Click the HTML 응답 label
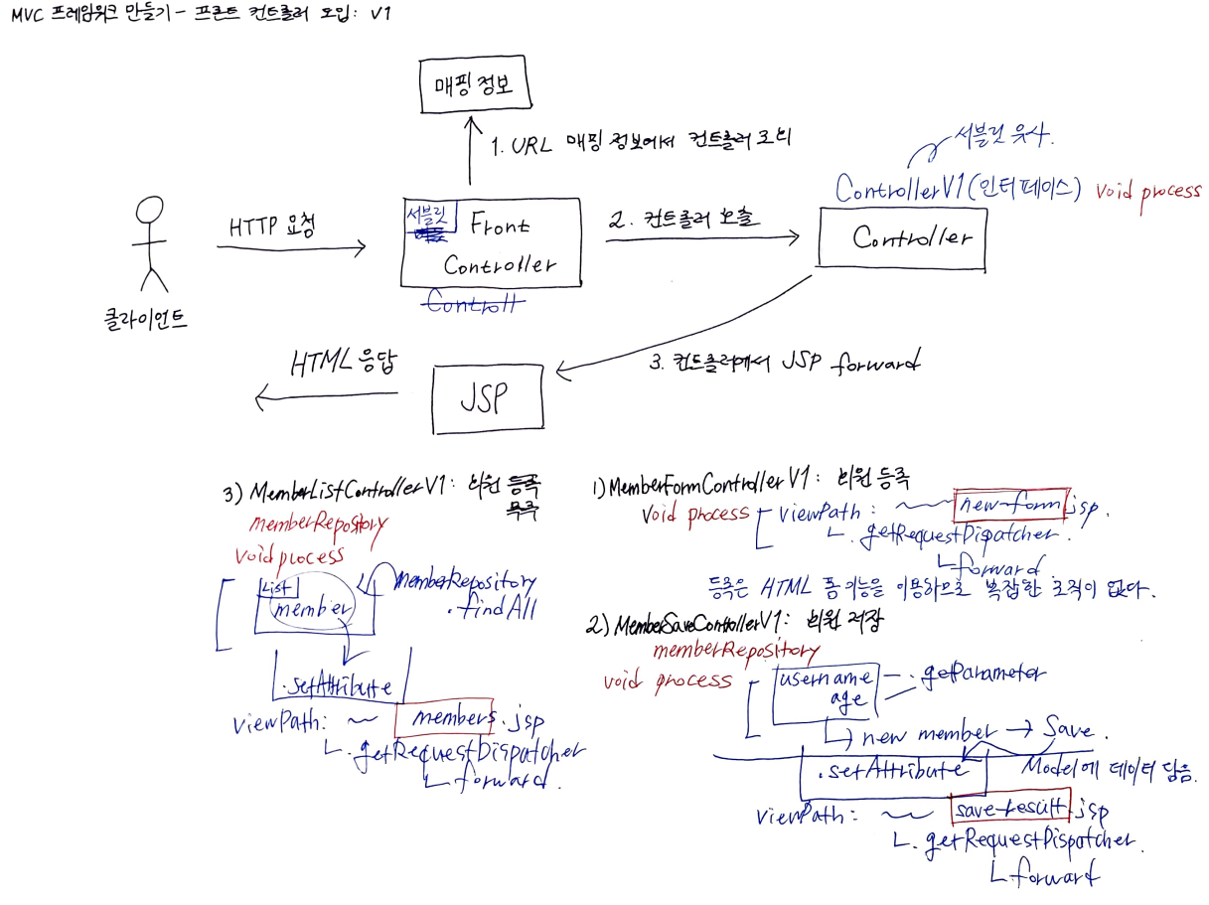click(343, 362)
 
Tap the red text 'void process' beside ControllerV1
click(1147, 191)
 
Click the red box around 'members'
click(444, 716)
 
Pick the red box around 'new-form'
click(1009, 506)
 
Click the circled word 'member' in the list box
click(315, 608)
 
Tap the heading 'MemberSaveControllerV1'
click(693, 625)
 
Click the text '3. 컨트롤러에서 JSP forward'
click(785, 363)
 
